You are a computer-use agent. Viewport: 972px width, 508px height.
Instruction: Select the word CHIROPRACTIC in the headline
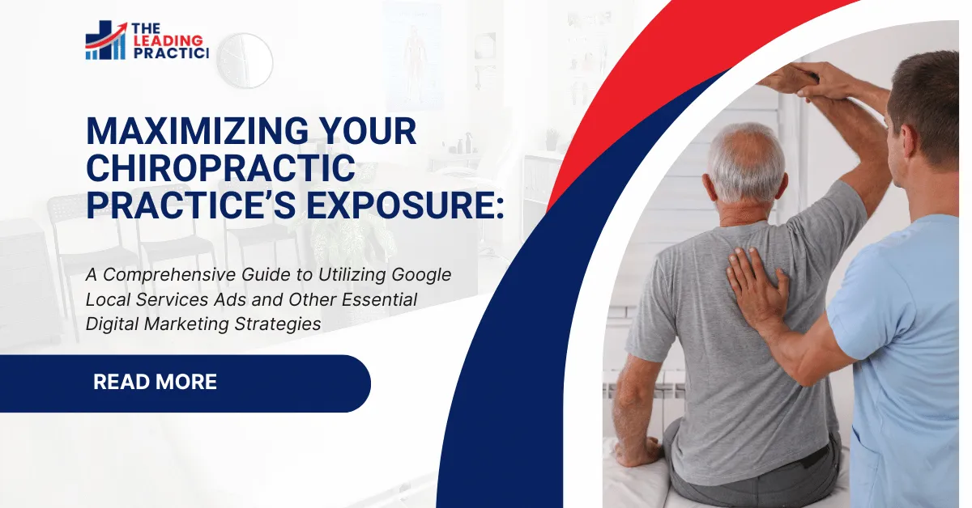220,168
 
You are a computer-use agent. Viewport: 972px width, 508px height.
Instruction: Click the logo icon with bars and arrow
105,40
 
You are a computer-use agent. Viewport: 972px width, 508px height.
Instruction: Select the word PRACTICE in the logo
171,53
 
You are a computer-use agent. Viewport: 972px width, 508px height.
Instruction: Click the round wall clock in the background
245,60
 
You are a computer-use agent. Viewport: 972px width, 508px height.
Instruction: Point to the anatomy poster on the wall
413,53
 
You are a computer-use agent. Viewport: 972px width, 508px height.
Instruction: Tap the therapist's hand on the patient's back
757,283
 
